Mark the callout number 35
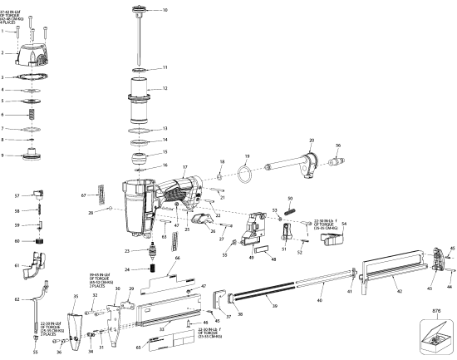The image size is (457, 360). pos(76,294)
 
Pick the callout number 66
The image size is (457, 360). pos(176,259)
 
